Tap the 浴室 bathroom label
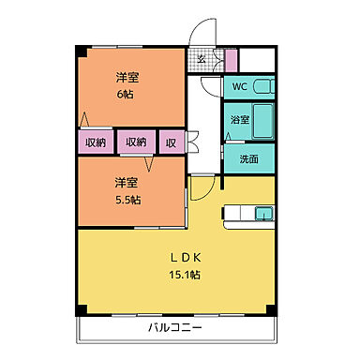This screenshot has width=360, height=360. (x=239, y=121)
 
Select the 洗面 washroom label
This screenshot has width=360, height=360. (x=248, y=158)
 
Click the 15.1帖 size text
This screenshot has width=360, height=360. (x=186, y=274)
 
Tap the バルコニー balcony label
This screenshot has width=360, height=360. (x=173, y=328)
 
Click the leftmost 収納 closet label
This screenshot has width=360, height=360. (x=96, y=142)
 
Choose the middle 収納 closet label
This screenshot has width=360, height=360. (x=136, y=142)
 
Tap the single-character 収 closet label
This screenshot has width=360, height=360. (x=172, y=142)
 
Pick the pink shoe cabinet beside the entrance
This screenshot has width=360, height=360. (x=232, y=59)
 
